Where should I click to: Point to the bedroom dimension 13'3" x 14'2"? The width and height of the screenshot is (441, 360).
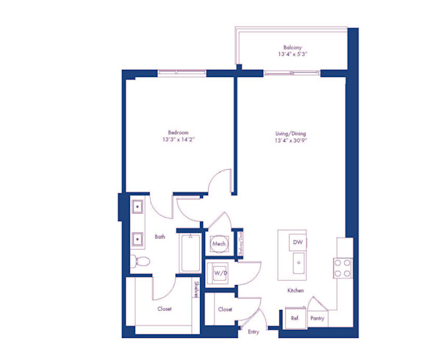point(179,140)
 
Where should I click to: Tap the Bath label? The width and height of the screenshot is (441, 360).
point(160,237)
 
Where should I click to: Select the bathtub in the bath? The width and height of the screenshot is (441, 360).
point(190,253)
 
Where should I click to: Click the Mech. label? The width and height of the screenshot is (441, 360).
point(218,243)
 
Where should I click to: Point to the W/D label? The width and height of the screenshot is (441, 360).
point(218,273)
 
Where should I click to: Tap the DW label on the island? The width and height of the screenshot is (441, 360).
point(297,242)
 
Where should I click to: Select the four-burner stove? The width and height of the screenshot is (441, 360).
point(342,268)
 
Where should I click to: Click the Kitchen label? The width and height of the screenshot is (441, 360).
point(296,292)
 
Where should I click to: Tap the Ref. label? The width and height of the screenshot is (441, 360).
point(294,318)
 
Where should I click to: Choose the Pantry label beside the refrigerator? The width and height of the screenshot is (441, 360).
point(318,318)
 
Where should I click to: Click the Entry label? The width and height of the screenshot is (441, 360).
point(254,332)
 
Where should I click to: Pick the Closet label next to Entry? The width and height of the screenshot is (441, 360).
point(225,309)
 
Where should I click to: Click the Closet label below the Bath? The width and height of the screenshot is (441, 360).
point(165,309)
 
